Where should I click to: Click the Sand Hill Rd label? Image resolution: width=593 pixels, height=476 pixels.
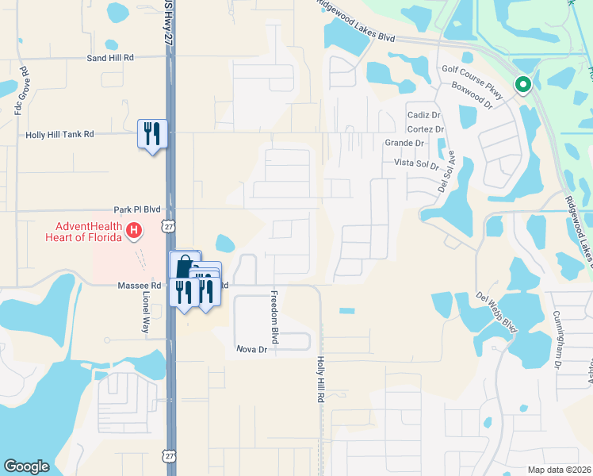pyautogui.click(x=110, y=58)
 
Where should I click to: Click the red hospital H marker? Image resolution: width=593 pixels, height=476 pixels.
pyautogui.click(x=134, y=231)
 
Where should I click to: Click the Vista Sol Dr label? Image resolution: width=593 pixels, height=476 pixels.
pyautogui.click(x=417, y=164)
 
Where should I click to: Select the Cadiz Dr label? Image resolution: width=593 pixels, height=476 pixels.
pyautogui.click(x=423, y=115)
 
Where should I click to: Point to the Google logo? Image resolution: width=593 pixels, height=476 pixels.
pyautogui.click(x=26, y=466)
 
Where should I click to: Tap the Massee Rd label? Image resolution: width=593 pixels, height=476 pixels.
pyautogui.click(x=140, y=285)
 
